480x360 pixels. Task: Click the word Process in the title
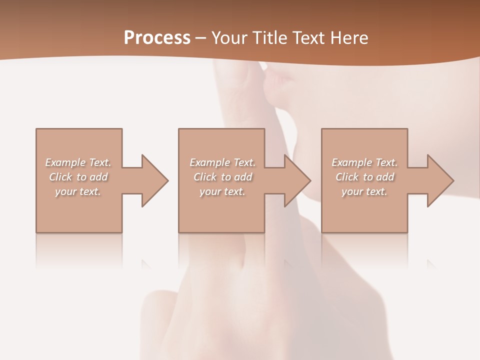pyautogui.click(x=157, y=38)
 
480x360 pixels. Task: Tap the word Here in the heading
pyautogui.click(x=349, y=38)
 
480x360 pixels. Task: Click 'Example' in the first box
pyautogui.click(x=65, y=162)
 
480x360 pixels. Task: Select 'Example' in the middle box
pyautogui.click(x=209, y=162)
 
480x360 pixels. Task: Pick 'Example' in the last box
pyautogui.click(x=351, y=162)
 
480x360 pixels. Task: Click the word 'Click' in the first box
pyautogui.click(x=60, y=177)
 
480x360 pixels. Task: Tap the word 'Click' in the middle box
pyautogui.click(x=205, y=177)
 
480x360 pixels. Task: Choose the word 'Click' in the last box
pyautogui.click(x=347, y=177)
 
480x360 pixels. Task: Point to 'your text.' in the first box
pyautogui.click(x=78, y=191)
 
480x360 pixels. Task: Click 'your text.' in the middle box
pyautogui.click(x=222, y=191)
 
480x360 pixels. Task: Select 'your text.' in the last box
pyautogui.click(x=364, y=191)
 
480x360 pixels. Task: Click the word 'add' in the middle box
pyautogui.click(x=243, y=177)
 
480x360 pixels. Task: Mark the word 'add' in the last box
pyautogui.click(x=385, y=177)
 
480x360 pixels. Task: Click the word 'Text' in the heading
pyautogui.click(x=309, y=38)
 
